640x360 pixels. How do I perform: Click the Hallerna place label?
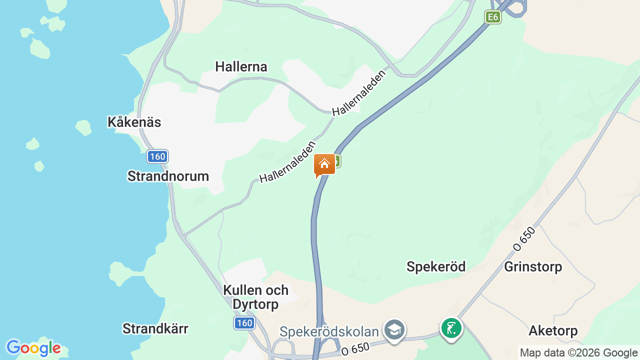click(241, 67)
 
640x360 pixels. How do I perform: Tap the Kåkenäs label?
click(134, 122)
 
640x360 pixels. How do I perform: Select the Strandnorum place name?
click(168, 176)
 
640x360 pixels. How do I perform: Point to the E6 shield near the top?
click(493, 17)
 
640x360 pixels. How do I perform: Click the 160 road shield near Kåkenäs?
click(157, 156)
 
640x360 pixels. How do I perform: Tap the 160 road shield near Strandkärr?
click(244, 323)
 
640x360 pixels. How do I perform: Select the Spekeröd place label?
click(436, 267)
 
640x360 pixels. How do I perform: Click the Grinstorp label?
click(533, 267)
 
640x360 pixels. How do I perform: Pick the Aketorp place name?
click(553, 331)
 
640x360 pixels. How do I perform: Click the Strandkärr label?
click(155, 328)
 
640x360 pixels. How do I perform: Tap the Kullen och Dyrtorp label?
click(255, 297)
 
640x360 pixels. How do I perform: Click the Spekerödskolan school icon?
click(394, 329)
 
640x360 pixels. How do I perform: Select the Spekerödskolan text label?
click(328, 331)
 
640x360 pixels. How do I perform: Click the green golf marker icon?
click(451, 328)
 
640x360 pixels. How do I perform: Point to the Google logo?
click(33, 348)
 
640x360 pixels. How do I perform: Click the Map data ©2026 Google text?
click(578, 353)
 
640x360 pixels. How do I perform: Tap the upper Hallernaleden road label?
click(359, 93)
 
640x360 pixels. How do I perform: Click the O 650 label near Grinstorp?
click(524, 238)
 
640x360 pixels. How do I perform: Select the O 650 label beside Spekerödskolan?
click(355, 348)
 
